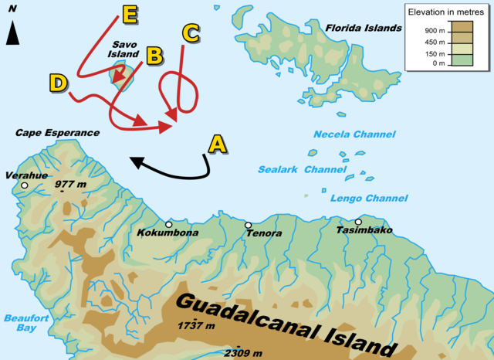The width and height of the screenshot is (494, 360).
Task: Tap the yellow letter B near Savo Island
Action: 154,56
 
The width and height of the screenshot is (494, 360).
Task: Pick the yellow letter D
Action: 58,83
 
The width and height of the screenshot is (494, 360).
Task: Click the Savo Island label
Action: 125,50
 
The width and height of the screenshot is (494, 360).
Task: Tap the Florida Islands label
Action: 364,28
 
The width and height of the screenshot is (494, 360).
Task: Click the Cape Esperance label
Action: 58,133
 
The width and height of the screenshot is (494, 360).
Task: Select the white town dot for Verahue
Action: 25,185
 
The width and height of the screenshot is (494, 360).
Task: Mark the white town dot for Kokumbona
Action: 168,223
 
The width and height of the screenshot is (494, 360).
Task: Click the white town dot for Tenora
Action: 249,225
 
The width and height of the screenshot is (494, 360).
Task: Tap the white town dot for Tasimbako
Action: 358,222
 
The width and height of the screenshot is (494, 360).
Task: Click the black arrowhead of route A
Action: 134,162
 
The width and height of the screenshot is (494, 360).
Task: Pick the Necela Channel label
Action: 354,134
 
